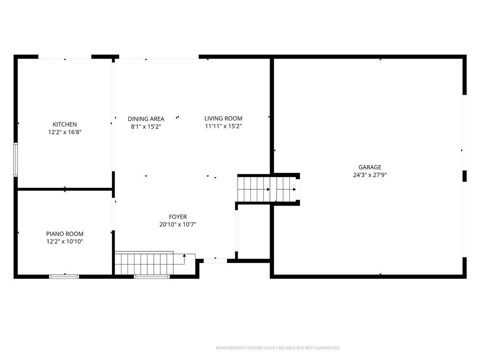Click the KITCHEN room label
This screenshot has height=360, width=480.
pyautogui.click(x=65, y=124)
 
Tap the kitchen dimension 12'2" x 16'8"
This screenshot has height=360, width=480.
pyautogui.click(x=65, y=132)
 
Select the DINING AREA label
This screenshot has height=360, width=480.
pyautogui.click(x=146, y=119)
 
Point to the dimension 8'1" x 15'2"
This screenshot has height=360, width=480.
pyautogui.click(x=146, y=127)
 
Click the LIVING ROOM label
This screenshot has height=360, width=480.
pyautogui.click(x=223, y=119)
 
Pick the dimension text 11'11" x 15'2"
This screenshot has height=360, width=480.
pyautogui.click(x=224, y=126)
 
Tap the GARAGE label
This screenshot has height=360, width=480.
pyautogui.click(x=370, y=167)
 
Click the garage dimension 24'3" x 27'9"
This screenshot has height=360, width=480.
pyautogui.click(x=370, y=175)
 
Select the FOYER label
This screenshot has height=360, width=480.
pyautogui.click(x=178, y=217)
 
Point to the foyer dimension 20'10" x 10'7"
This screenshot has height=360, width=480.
pyautogui.click(x=178, y=225)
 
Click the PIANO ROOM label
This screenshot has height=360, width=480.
pyautogui.click(x=65, y=234)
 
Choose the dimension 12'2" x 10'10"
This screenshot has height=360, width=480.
pyautogui.click(x=65, y=241)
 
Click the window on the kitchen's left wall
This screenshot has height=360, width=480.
pyautogui.click(x=15, y=159)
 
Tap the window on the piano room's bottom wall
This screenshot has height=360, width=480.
pyautogui.click(x=64, y=277)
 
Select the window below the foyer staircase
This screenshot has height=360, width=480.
pyautogui.click(x=151, y=277)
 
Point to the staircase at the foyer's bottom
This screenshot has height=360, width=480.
pyautogui.click(x=155, y=263)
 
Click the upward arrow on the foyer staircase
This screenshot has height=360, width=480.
pyautogui.click(x=184, y=259)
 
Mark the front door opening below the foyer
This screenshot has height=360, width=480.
pyautogui.click(x=215, y=261)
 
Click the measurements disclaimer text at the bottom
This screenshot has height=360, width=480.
pyautogui.click(x=278, y=348)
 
